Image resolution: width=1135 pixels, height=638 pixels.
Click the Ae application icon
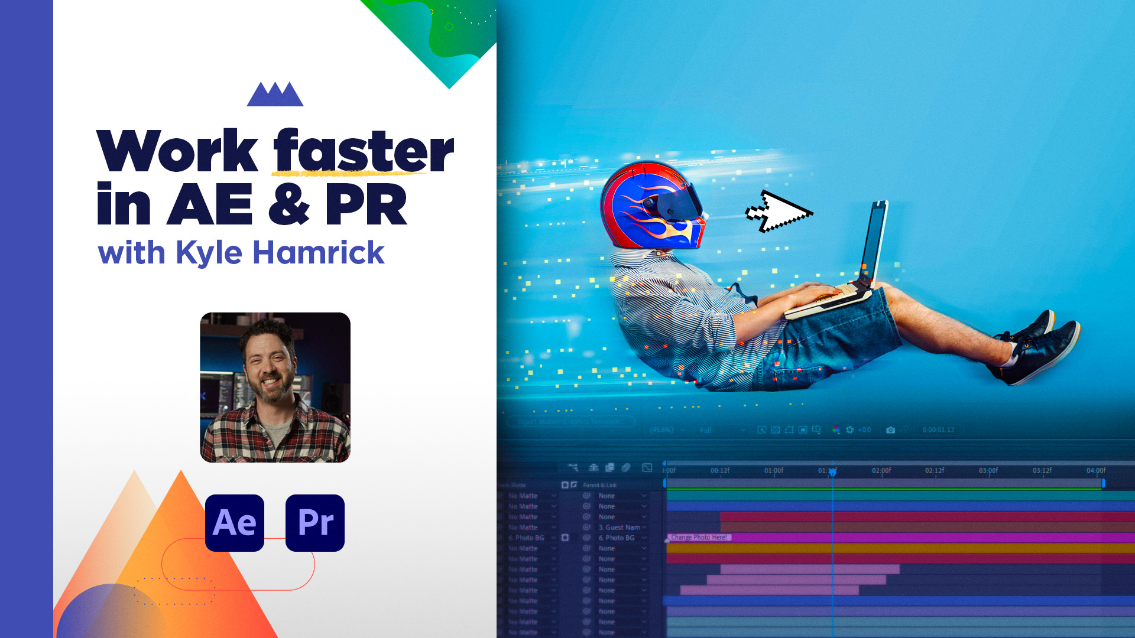(235, 523)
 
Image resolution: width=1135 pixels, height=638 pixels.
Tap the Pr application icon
(315, 523)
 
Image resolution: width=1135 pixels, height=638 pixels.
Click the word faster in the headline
(363, 151)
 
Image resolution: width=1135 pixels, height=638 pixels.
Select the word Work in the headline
(177, 151)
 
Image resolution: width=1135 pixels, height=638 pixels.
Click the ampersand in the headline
(288, 204)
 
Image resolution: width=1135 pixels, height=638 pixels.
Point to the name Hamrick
(318, 253)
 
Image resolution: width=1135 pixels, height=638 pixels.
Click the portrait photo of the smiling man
(275, 387)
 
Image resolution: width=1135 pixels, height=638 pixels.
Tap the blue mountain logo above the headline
(275, 95)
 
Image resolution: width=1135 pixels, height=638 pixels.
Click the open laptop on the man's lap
(851, 266)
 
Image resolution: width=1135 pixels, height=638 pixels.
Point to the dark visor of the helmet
(680, 204)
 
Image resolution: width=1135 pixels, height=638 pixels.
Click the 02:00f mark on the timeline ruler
(881, 471)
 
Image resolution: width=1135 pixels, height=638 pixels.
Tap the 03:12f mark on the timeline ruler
(1042, 471)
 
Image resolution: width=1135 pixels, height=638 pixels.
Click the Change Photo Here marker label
(699, 538)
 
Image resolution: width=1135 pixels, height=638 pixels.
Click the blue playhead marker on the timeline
(832, 472)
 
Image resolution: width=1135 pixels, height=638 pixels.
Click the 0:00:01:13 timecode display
(938, 430)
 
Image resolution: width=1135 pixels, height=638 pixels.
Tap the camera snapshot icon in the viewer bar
(890, 430)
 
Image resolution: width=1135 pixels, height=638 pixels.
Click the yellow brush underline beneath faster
(349, 174)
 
